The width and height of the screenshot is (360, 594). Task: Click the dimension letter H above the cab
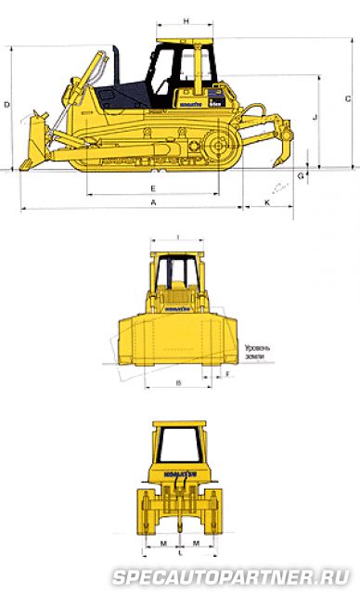point(186,20)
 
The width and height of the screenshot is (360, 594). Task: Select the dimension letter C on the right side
point(346,97)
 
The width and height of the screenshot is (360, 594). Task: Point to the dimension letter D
point(6,105)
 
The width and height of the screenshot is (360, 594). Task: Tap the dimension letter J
point(315,117)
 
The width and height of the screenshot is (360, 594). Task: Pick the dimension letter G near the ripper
point(302,174)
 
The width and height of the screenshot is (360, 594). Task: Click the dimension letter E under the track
point(152,188)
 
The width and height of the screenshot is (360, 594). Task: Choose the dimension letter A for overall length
point(152,201)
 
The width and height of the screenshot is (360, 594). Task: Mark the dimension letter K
point(268,201)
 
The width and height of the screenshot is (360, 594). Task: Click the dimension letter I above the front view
point(176,236)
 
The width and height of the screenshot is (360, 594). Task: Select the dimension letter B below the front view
point(177,381)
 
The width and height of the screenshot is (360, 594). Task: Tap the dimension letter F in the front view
point(227,374)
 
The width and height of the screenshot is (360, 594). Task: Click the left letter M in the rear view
point(161,541)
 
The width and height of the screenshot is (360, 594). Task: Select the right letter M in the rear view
point(195,541)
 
